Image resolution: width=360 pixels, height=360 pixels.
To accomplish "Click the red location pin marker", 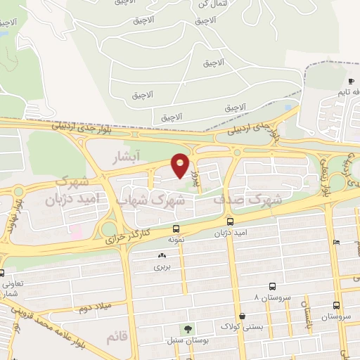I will [x=181, y=165].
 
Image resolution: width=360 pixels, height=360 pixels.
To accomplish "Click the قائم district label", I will [x=117, y=337].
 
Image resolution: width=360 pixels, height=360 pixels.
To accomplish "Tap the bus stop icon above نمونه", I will [x=176, y=229].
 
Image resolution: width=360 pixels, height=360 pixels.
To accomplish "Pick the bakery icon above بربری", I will [x=162, y=256].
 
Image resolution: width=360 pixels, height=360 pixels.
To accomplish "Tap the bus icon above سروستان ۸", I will [x=272, y=286].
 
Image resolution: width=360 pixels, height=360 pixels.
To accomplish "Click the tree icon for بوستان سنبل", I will [x=187, y=328].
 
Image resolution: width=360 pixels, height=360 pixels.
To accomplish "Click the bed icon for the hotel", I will [x=337, y=242].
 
